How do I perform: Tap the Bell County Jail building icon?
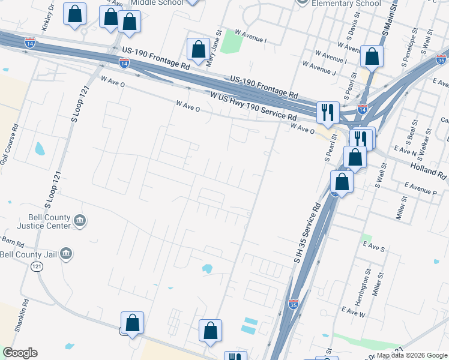tap(67, 254)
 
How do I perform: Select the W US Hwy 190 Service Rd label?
tap(253, 105)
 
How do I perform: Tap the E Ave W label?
tap(353, 311)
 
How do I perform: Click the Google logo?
tap(20, 353)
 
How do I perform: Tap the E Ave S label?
tap(373, 247)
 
